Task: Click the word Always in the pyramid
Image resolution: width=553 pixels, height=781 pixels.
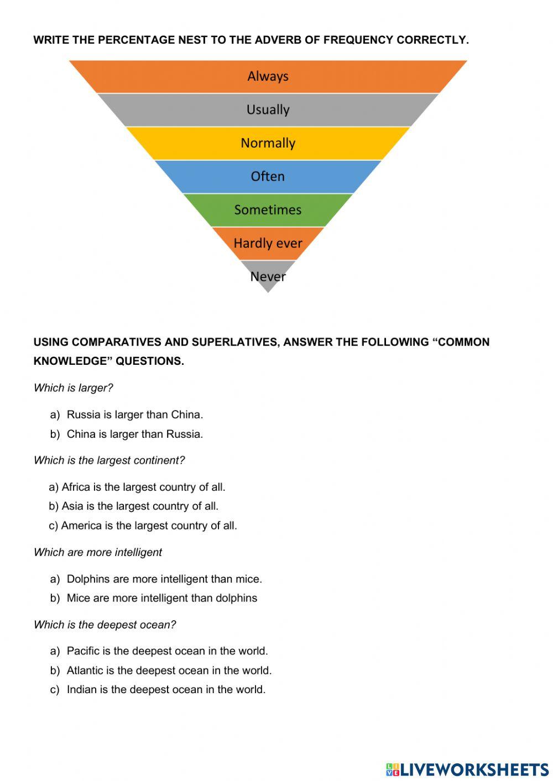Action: coord(268,76)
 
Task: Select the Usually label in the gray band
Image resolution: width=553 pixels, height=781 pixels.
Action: coord(268,109)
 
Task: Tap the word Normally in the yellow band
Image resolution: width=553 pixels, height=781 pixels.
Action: coord(268,143)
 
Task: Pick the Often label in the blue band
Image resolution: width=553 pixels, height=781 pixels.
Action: coord(268,176)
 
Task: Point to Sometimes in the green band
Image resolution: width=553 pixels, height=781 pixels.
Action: coord(268,210)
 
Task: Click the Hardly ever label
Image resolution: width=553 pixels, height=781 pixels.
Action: coord(268,243)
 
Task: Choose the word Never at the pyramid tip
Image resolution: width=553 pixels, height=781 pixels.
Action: coord(268,276)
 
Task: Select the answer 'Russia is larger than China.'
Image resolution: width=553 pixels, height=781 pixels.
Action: coord(134,415)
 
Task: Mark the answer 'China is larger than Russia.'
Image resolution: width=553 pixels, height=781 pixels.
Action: coord(134,434)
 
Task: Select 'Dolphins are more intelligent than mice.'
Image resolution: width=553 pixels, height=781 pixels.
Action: coord(164,579)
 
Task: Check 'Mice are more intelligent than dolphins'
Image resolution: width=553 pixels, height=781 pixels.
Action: coord(161,597)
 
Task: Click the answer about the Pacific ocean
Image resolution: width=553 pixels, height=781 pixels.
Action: coord(167,651)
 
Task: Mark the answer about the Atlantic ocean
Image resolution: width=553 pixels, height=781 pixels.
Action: coord(169,670)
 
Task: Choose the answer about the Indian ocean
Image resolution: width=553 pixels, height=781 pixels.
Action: coord(166,689)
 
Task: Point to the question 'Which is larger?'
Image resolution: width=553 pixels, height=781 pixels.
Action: coord(73,388)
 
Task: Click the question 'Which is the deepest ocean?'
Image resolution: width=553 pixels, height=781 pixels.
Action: coord(105,625)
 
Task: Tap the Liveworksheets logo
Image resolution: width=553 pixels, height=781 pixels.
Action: coord(467,769)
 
